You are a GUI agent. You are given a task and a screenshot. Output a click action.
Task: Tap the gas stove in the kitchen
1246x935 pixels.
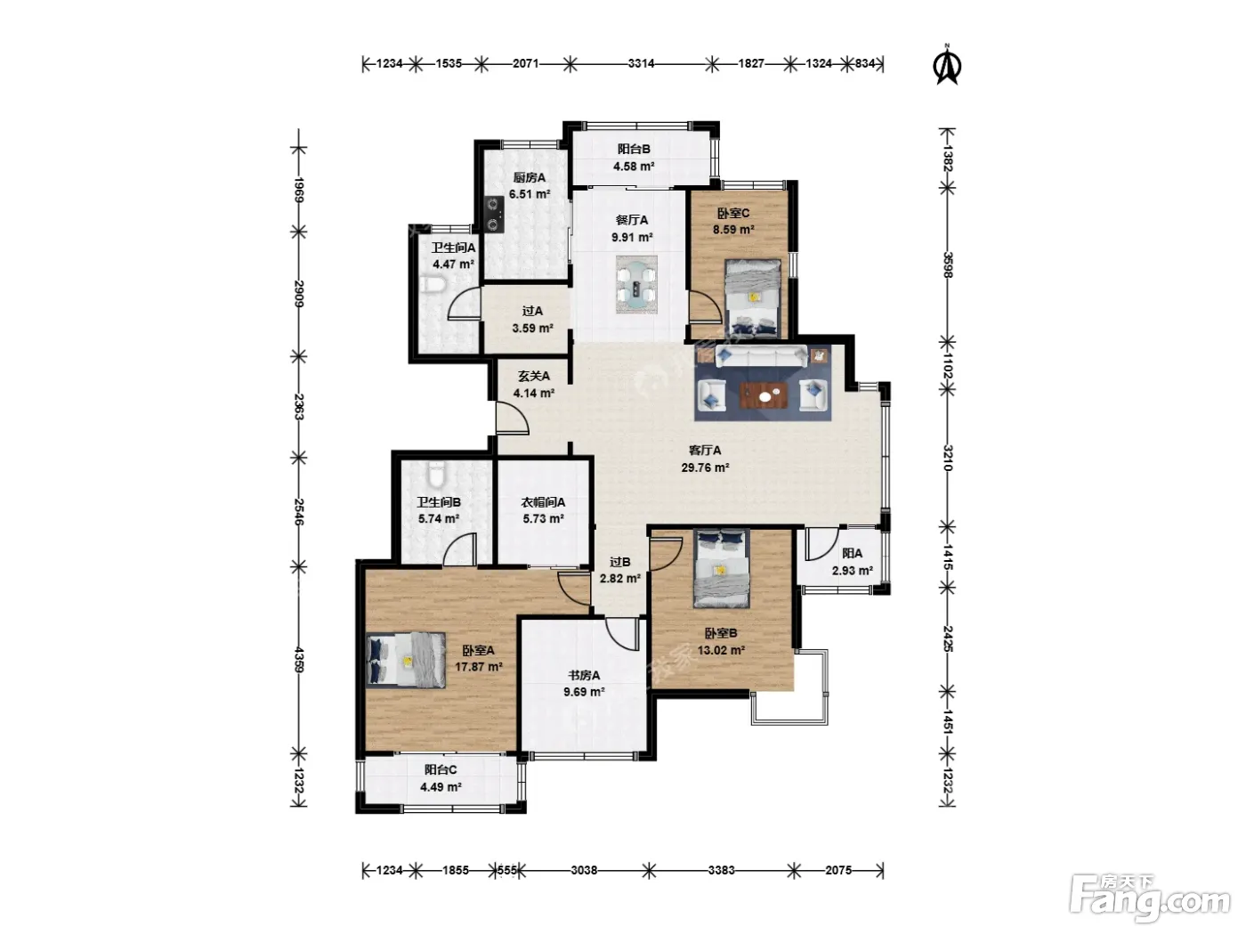pyautogui.click(x=494, y=214)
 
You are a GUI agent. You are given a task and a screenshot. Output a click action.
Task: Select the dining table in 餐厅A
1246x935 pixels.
pyautogui.click(x=636, y=284)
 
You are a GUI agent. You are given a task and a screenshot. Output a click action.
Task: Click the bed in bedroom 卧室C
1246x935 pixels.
pyautogui.click(x=753, y=297)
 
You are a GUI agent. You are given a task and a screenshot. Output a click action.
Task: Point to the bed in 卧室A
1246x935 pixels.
pyautogui.click(x=405, y=660)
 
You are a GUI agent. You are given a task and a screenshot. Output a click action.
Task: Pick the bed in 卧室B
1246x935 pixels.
pyautogui.click(x=721, y=569)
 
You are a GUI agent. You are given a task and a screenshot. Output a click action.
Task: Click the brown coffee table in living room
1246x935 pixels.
pyautogui.click(x=764, y=395)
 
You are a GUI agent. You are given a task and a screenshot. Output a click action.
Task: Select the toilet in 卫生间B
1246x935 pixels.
pyautogui.click(x=436, y=474)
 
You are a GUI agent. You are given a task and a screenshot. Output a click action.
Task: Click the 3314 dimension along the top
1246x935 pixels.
pyautogui.click(x=641, y=63)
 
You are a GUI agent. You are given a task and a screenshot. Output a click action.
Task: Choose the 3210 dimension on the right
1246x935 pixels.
pyautogui.click(x=947, y=458)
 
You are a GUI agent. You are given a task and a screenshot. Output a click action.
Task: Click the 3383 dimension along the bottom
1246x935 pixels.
pyautogui.click(x=722, y=870)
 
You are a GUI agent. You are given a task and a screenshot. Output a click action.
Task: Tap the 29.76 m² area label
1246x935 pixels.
pyautogui.click(x=705, y=467)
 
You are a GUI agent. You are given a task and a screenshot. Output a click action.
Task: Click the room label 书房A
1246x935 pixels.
pyautogui.click(x=584, y=675)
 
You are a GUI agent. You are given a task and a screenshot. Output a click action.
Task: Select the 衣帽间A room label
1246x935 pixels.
pyautogui.click(x=543, y=502)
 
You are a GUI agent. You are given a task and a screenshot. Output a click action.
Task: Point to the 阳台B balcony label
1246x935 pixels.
pyautogui.click(x=634, y=150)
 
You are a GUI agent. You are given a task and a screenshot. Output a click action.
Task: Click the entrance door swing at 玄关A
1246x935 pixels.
pyautogui.click(x=513, y=419)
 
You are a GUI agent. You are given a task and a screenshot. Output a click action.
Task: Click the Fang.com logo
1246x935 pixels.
pyautogui.click(x=1150, y=898)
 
